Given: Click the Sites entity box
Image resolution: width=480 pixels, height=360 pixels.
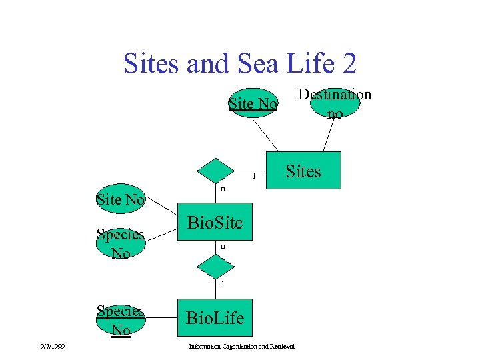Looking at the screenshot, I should tap(303, 171).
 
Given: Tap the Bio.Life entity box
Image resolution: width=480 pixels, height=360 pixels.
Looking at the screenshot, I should tap(215, 317).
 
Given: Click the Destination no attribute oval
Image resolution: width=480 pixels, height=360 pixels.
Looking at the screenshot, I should tap(335, 103).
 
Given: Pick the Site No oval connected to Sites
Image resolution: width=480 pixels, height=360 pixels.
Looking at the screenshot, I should tap(253, 103).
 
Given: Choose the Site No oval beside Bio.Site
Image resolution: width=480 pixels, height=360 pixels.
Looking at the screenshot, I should tap(121, 199).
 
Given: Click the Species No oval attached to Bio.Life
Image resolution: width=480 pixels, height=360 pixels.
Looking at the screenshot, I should tap(121, 320).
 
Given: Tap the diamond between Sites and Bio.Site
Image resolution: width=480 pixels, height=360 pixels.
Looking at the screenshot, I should tap(215, 171).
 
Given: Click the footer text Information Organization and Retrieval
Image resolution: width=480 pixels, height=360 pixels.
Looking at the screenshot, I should tap(241, 346).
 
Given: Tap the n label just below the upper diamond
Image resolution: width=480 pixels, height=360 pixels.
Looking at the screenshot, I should tap(223, 189).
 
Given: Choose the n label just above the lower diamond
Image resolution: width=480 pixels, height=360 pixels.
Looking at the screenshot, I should tap(223, 247).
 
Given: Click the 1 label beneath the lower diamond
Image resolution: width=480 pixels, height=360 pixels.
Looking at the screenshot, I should tap(223, 285).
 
